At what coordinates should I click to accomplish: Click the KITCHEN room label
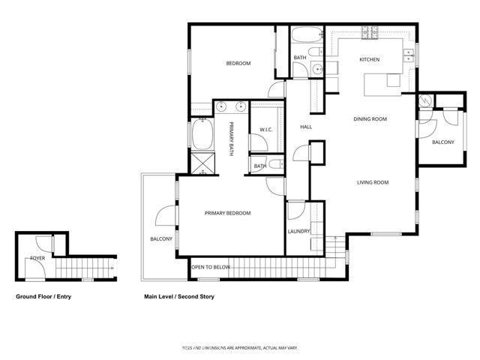coord(369,59)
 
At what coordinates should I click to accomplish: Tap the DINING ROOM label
coord(370,119)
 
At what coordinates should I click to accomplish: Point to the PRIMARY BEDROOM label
coord(227,214)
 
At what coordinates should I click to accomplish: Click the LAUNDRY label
coord(298,231)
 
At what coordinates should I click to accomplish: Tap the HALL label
coord(306,127)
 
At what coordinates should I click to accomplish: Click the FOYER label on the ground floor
coord(36,258)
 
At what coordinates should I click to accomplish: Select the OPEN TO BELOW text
coord(210,267)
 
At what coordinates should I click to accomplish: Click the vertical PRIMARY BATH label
coord(232,139)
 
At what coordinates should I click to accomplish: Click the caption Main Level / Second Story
coord(179,297)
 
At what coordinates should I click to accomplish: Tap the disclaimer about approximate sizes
coord(239,348)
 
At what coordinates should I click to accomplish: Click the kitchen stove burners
coord(369,33)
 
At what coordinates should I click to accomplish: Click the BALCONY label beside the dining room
coord(442,142)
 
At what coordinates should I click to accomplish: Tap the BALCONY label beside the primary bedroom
coord(161,239)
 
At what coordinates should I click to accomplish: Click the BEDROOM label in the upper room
coord(238,64)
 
